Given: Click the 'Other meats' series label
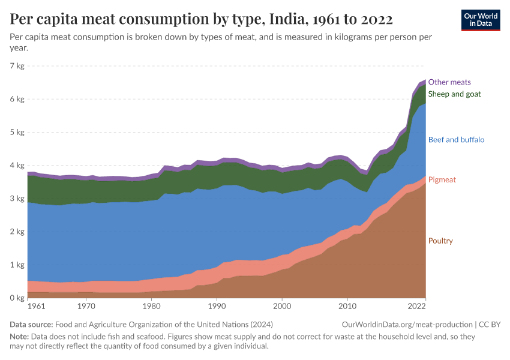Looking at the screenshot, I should pos(449,82).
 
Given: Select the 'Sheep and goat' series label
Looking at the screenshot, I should pos(454,94).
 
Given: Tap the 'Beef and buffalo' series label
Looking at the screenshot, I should pos(456,140).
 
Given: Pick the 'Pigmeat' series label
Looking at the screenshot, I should pos(442,180).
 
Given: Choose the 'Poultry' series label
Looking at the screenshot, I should pos(440,241).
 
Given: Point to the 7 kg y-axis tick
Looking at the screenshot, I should pos(17,66).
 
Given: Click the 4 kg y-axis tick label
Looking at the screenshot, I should pos(17,166).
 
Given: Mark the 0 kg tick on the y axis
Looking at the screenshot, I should pos(17,298).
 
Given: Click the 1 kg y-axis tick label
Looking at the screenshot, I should pos(17,265).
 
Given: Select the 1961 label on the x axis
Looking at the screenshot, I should pos(36,307).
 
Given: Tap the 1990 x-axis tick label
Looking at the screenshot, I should pos(217,307).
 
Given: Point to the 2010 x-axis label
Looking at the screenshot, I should pos(347,307).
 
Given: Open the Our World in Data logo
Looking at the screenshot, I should pos(481,20).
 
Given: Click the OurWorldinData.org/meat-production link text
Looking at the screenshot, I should pos(406,325).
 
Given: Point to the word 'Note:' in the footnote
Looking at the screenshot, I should pos(20,337).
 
